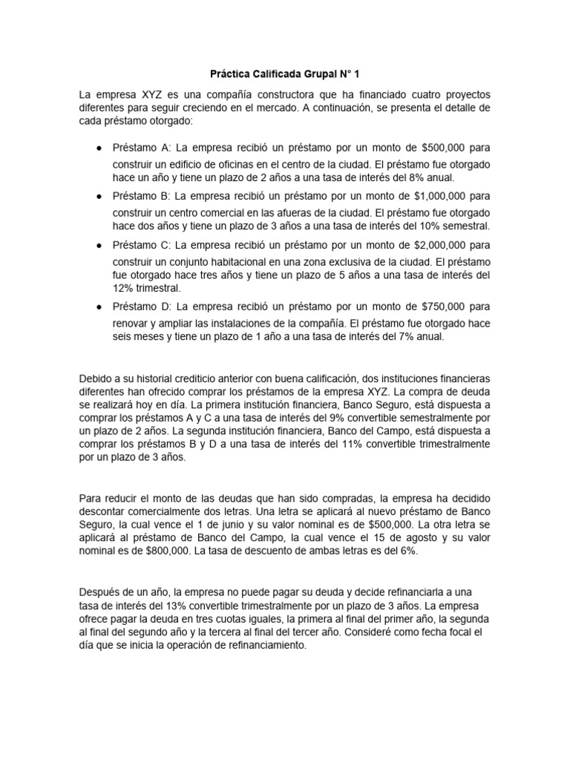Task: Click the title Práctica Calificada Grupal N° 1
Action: (x=284, y=74)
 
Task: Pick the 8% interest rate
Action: (x=416, y=177)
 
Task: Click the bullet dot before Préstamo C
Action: (x=99, y=245)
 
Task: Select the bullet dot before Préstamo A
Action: (x=99, y=148)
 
